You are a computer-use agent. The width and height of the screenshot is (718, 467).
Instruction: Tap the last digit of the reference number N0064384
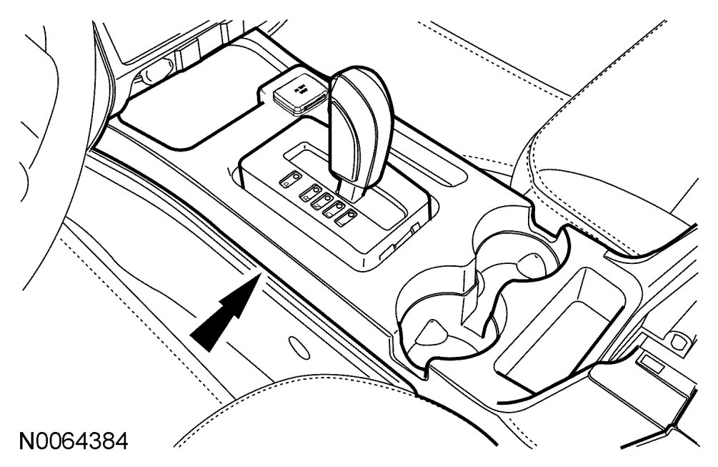click(x=121, y=440)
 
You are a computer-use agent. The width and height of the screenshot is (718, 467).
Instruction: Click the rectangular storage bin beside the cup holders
click(x=564, y=325)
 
